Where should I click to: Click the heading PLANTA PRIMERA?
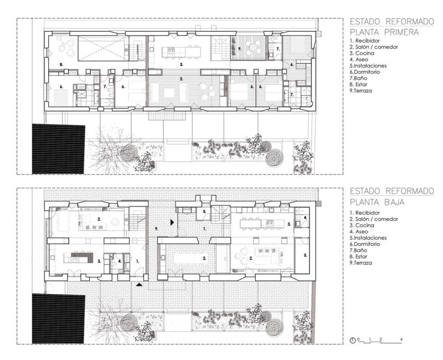384,32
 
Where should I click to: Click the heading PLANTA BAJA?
377,202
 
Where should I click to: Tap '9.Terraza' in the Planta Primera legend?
361,91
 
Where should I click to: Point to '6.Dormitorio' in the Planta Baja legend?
365,244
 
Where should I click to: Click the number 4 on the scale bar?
401,340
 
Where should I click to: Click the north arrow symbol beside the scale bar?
353,341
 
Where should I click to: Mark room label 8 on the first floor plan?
61,64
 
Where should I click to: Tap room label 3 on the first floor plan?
182,64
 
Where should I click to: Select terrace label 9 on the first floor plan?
240,49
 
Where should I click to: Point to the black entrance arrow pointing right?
172,223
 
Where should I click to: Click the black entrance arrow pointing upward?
139,285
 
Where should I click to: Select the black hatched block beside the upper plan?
58,148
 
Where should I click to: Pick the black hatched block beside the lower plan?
58,318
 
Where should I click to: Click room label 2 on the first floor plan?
182,79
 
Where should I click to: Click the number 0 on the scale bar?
358,340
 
